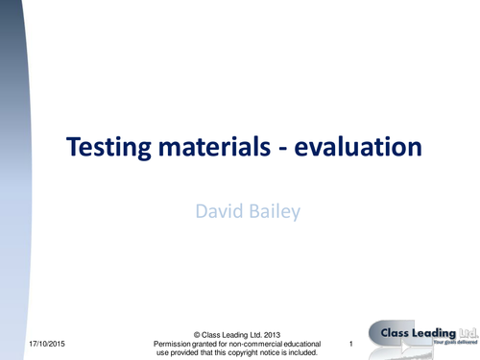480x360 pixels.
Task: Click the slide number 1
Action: point(352,344)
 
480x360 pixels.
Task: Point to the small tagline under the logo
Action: point(454,343)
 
